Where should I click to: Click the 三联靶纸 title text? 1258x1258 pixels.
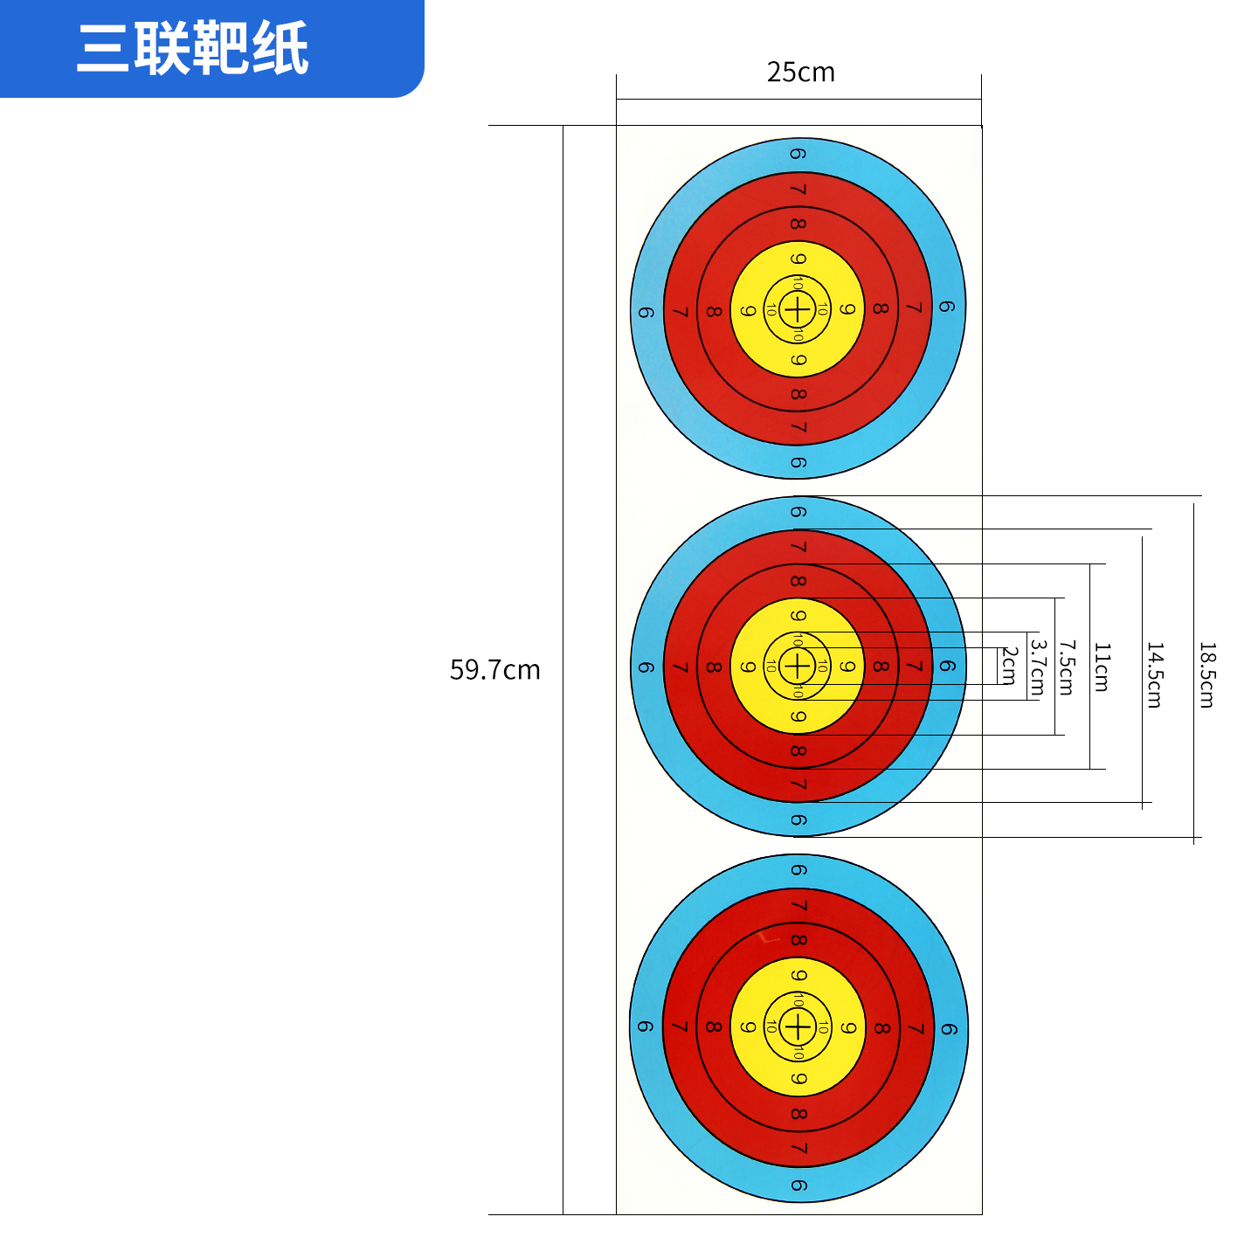193,48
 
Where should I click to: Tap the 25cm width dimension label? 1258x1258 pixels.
800,73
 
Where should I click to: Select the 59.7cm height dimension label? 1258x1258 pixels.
494,670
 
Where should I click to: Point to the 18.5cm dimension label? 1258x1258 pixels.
1206,674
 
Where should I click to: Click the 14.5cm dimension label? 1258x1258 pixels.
1155,674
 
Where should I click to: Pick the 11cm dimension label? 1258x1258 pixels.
1102,667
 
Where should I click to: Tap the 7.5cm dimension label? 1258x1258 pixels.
1066,667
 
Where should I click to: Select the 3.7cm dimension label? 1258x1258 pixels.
1037,667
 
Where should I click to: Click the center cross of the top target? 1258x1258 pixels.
797,308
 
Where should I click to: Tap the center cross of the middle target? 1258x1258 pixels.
797,667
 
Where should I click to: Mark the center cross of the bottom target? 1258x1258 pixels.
797,1026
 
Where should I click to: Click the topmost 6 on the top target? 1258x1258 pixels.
798,154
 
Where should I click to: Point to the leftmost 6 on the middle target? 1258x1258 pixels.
646,668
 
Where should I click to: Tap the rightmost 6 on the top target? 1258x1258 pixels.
947,307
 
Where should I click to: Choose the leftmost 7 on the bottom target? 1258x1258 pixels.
681,1027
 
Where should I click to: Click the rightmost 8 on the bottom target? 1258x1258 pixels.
881,1028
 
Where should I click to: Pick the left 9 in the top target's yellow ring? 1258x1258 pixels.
748,311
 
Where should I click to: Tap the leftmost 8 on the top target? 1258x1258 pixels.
714,311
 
